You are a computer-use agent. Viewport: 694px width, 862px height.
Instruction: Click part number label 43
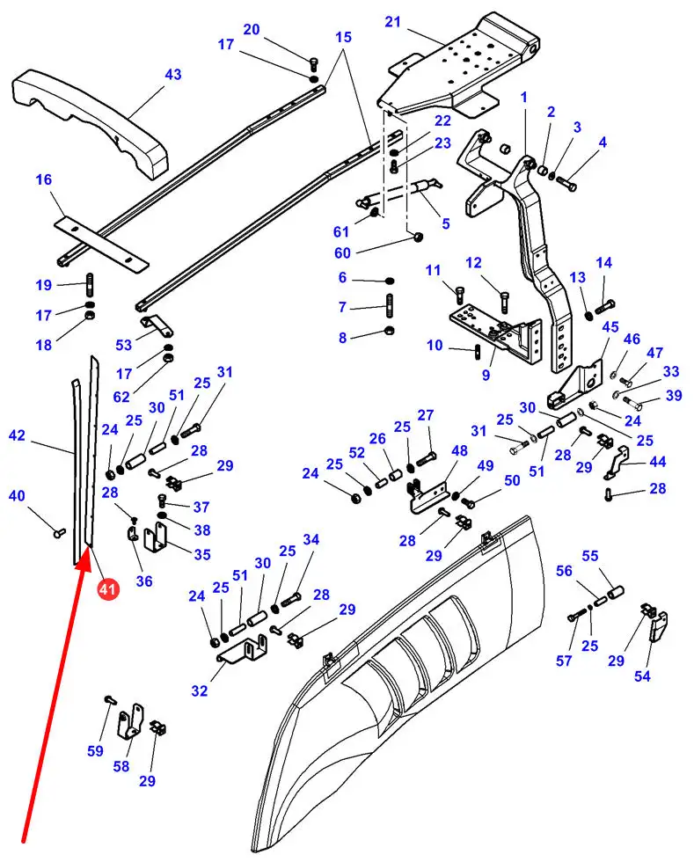(x=172, y=75)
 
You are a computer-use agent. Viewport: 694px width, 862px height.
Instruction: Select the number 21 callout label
(x=392, y=21)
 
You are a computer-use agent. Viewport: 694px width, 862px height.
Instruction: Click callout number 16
(x=43, y=180)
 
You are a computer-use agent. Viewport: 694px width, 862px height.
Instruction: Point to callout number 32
(x=200, y=690)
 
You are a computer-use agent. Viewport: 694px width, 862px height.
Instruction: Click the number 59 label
(x=95, y=750)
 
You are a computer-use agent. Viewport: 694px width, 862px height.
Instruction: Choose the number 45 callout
(x=610, y=328)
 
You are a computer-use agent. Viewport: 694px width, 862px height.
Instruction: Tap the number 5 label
(x=445, y=223)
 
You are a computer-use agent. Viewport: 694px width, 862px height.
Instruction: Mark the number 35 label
(x=202, y=554)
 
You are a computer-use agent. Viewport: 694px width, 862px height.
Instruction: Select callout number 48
(x=459, y=451)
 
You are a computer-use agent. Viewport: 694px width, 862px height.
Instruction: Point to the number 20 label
(x=252, y=29)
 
